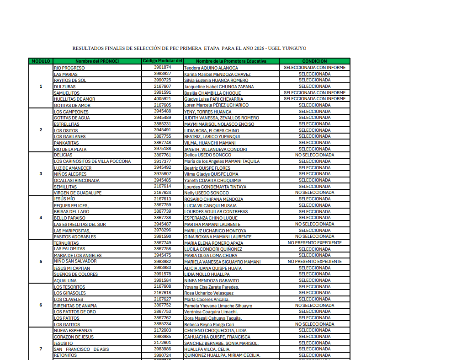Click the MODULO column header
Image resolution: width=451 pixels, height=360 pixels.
click(41, 61)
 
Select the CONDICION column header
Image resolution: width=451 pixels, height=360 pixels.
click(314, 61)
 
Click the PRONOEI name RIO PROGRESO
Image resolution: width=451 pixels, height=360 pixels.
click(69, 68)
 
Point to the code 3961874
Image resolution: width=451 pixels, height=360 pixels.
click(162, 67)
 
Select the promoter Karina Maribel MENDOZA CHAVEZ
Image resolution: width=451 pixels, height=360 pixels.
click(217, 74)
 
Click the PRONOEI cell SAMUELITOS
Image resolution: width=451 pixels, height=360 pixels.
click(67, 93)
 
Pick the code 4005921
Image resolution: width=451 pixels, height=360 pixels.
click(162, 98)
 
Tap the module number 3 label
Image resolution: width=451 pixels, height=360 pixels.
click(41, 174)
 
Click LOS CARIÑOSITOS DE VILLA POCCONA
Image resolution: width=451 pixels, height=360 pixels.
click(92, 161)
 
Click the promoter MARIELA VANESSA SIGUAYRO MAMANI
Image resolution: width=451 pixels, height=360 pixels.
click(222, 262)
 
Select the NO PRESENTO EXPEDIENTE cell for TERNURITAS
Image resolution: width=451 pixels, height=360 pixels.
click(314, 243)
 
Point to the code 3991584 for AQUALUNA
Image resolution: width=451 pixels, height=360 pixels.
click(162, 280)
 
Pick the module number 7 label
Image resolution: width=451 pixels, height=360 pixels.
click(41, 349)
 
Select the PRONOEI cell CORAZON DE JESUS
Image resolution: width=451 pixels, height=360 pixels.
click(74, 337)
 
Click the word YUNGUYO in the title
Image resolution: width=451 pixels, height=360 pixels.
click(294, 48)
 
